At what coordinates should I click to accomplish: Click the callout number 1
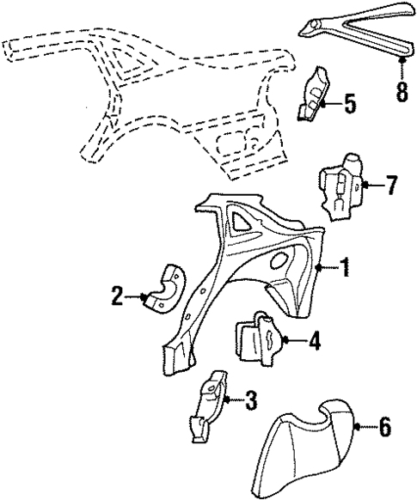coord(344,270)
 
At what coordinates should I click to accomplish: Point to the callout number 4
coord(314,342)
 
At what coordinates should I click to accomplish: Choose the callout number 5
coord(349,104)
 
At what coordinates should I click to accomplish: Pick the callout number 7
coord(391,184)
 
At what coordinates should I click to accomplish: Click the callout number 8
coord(401,91)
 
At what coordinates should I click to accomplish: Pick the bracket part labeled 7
coord(344,188)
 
